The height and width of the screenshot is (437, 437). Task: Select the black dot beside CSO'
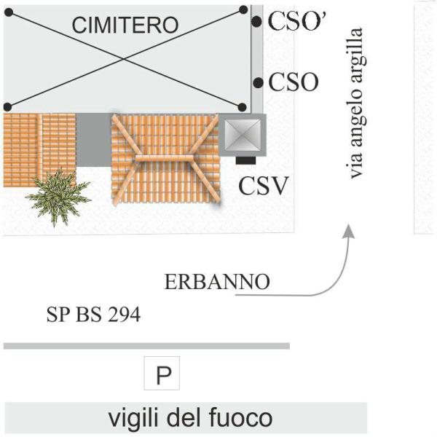[x=256, y=22]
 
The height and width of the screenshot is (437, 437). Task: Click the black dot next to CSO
[x=256, y=82]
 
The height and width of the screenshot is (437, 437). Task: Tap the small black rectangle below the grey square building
[x=244, y=159]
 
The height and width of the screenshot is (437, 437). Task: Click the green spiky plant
[x=57, y=193]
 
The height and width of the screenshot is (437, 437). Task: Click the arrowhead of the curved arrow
[x=349, y=232]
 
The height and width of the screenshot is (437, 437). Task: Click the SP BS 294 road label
[x=92, y=316]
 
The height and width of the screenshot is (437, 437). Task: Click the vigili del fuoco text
[x=190, y=420]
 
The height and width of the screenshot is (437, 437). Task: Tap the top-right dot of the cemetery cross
[x=243, y=9]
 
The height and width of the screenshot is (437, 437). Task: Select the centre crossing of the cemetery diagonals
[x=125, y=58]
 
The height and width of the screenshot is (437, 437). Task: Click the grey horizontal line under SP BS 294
[x=146, y=346]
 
